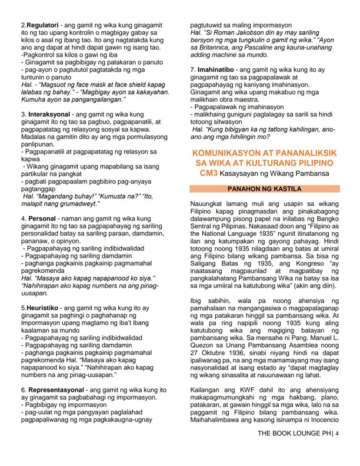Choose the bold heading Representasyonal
coord(56,390)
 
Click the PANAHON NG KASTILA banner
coord(264,189)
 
